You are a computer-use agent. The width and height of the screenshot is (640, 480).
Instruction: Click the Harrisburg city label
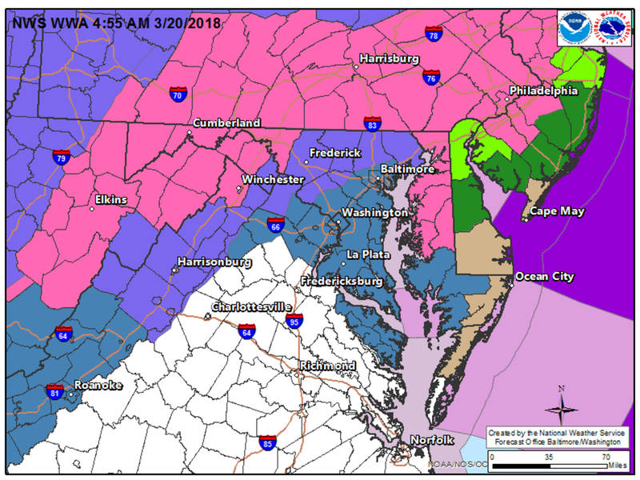click(390, 58)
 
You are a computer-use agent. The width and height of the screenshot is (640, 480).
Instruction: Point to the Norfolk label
click(432, 440)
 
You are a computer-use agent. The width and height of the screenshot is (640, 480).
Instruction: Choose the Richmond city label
click(328, 366)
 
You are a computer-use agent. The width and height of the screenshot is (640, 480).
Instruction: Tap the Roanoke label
click(98, 385)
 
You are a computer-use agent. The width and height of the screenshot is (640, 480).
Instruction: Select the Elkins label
click(111, 200)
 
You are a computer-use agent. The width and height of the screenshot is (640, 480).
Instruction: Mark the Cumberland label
click(227, 123)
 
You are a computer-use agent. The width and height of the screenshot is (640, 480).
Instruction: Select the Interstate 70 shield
click(178, 93)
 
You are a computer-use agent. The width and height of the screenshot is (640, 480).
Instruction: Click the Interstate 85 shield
click(268, 442)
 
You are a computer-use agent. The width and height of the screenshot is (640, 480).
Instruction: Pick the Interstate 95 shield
click(294, 320)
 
